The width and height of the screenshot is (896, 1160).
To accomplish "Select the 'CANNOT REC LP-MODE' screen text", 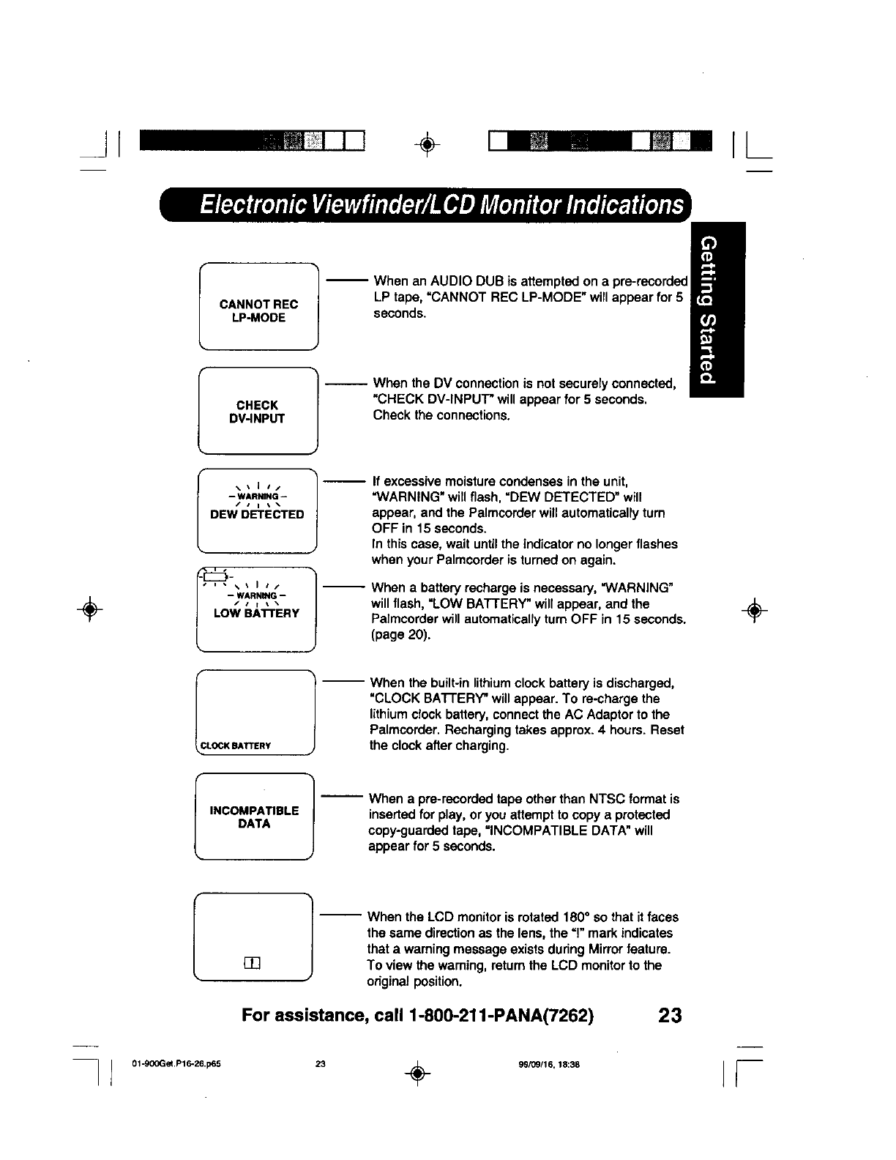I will (x=258, y=311).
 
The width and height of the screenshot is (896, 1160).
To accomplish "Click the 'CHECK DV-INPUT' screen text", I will (x=257, y=412).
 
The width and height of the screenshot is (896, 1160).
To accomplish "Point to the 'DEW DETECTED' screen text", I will (x=257, y=514).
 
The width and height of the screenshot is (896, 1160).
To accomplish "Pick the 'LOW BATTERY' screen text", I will (x=256, y=613).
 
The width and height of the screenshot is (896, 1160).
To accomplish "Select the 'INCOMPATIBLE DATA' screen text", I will (x=254, y=817).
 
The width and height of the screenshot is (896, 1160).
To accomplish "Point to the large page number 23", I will (x=669, y=1016).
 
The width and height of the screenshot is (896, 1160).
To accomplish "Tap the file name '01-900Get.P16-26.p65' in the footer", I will (x=176, y=1064).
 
